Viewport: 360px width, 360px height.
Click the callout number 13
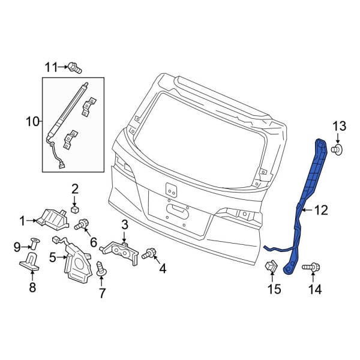[339, 126]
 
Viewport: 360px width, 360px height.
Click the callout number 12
[321, 210]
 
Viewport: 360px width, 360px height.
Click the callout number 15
[274, 290]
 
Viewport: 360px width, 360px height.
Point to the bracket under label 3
[122, 248]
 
